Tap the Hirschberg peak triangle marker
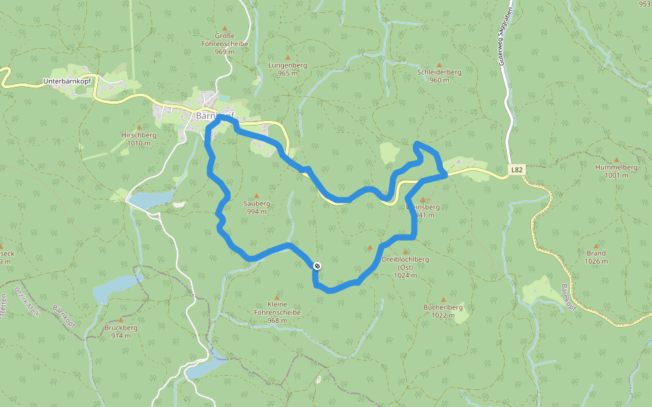pos(139,127)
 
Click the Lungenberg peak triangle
pos(287,57)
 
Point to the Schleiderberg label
pos(439,71)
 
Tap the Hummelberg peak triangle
pos(616,159)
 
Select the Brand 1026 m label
pos(596,257)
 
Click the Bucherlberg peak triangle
pos(443,299)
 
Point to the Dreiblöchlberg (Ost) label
pos(405,263)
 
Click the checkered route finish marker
pos(316,265)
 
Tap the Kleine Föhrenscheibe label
pos(284,308)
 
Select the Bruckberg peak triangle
pos(121,319)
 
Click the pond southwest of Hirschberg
pos(151,199)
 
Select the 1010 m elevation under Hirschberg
pos(139,143)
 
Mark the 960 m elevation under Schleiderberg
pos(439,80)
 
